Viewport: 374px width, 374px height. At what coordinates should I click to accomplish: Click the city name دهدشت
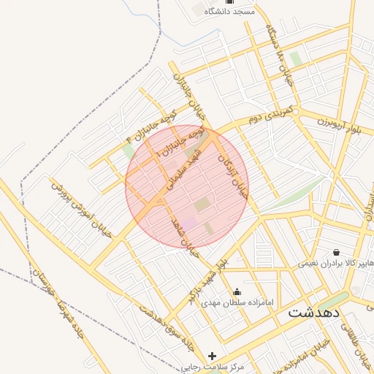tap(314, 313)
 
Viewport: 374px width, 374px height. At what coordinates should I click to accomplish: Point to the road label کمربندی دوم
tap(270, 113)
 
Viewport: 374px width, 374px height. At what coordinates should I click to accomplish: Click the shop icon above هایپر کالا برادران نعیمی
tap(335, 251)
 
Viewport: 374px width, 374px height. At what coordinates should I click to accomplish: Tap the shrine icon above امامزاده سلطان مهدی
tap(236, 291)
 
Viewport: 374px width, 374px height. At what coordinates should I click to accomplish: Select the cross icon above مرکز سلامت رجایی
tap(213, 356)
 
